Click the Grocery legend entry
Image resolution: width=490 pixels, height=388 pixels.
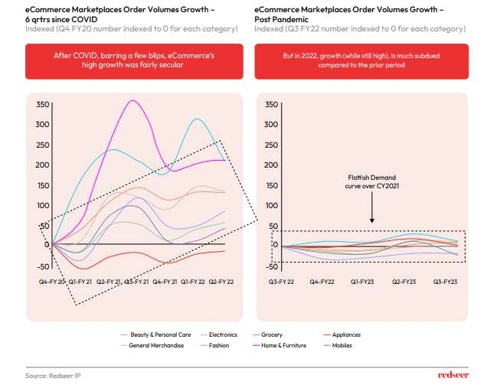[x=272, y=334]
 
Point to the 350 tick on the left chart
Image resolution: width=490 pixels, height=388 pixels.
[x=42, y=104]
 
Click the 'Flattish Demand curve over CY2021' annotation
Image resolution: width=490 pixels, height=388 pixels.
[x=371, y=181]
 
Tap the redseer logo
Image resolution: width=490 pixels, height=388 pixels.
[x=453, y=375]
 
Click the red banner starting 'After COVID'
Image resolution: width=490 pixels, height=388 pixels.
[x=129, y=60]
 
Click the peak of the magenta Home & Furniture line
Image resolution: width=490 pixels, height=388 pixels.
[x=133, y=101]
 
